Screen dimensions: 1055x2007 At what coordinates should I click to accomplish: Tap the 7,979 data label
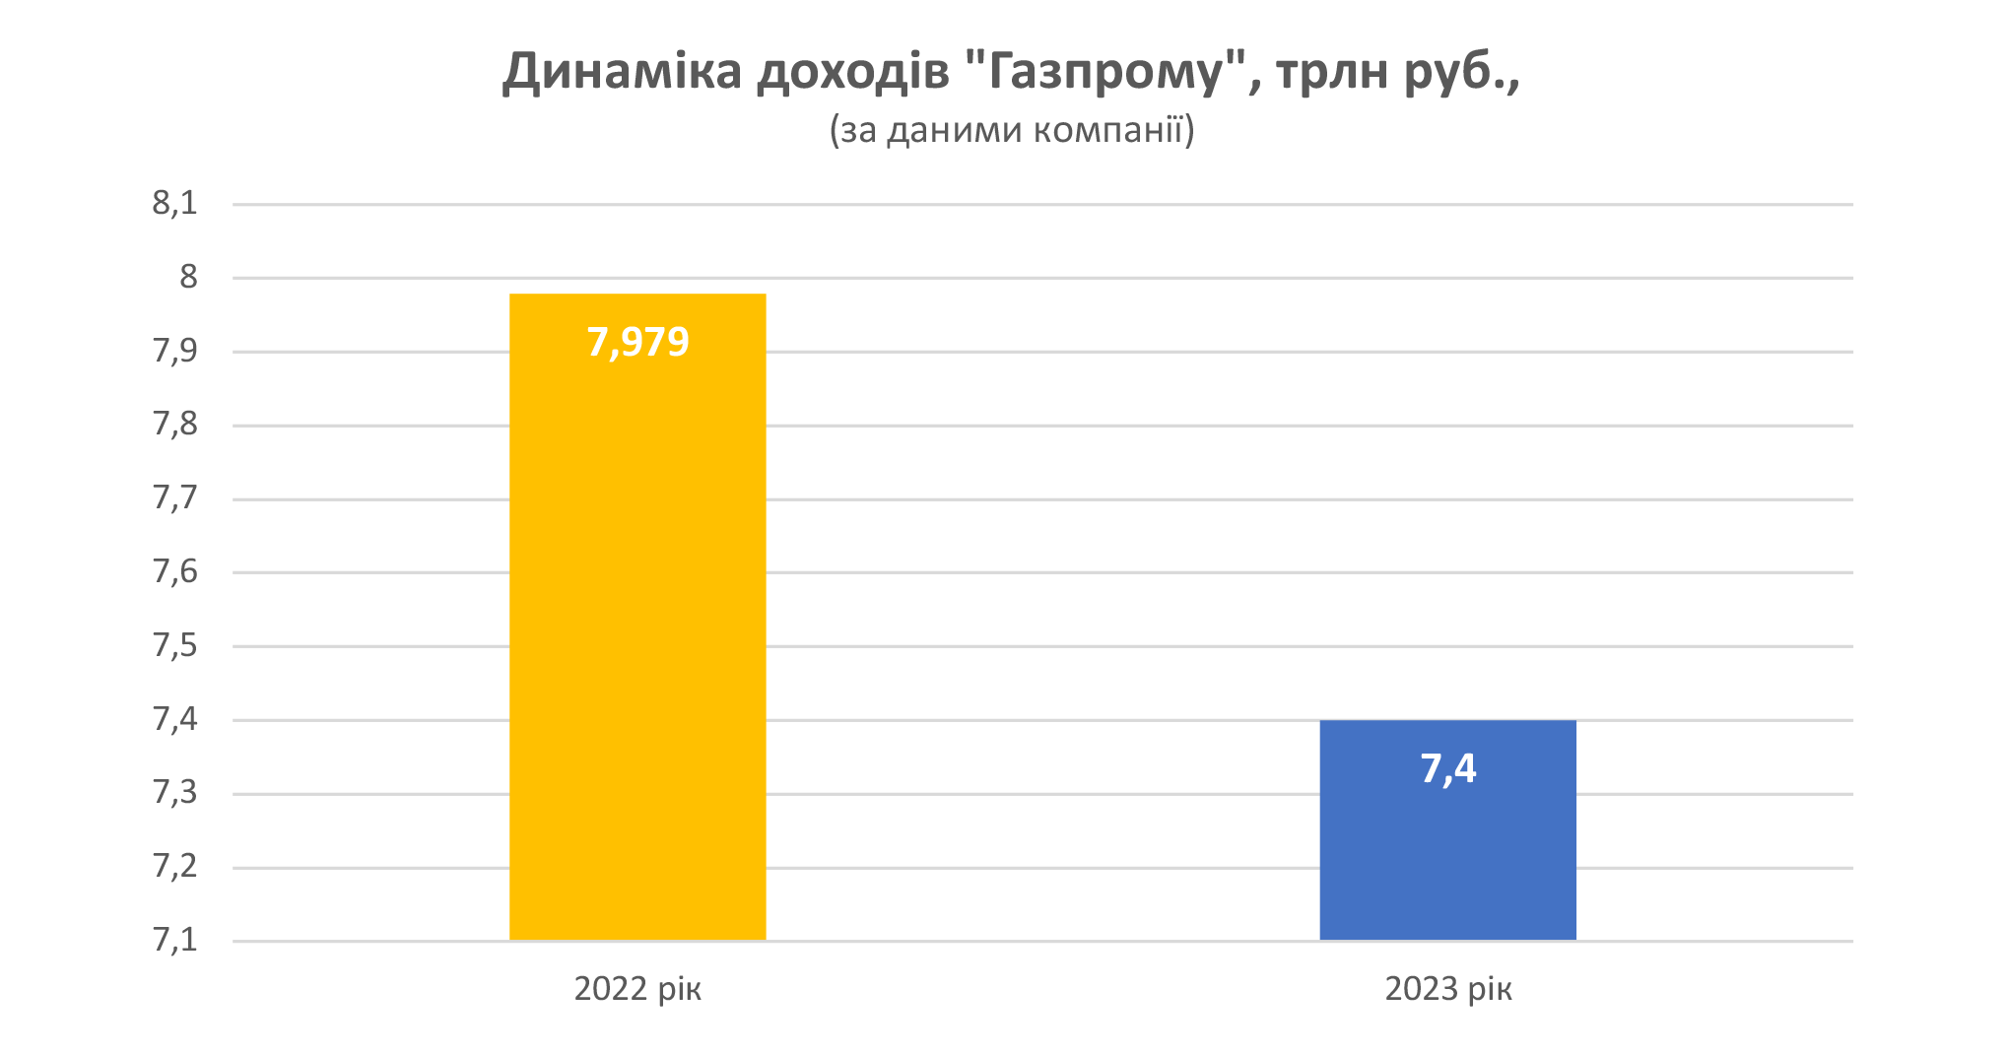coord(637,342)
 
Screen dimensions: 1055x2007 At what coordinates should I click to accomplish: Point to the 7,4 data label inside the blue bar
coord(1447,768)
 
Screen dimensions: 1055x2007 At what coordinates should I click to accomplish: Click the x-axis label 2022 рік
coord(637,988)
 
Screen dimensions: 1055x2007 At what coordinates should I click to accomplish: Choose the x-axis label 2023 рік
coord(1447,988)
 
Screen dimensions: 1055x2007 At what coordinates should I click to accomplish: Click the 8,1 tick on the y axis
coord(174,204)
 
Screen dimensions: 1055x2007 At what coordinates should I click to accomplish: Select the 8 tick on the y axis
coord(188,277)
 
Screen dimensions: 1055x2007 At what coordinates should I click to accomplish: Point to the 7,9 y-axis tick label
coord(174,351)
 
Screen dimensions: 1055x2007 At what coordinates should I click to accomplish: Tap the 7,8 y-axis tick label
coord(174,425)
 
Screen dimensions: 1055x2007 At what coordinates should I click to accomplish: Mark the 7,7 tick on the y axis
coord(174,498)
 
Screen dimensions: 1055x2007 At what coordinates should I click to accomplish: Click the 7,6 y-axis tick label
coord(174,571)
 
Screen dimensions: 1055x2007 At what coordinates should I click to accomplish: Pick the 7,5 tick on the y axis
coord(174,645)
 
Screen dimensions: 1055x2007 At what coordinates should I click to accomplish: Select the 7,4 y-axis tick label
coord(174,719)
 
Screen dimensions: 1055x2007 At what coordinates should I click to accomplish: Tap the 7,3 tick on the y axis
coord(174,793)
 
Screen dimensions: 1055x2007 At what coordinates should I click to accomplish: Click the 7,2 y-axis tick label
coord(174,867)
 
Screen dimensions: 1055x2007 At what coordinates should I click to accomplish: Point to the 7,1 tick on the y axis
coord(174,941)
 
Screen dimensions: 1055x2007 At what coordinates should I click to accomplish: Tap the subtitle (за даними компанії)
coord(1012,130)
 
